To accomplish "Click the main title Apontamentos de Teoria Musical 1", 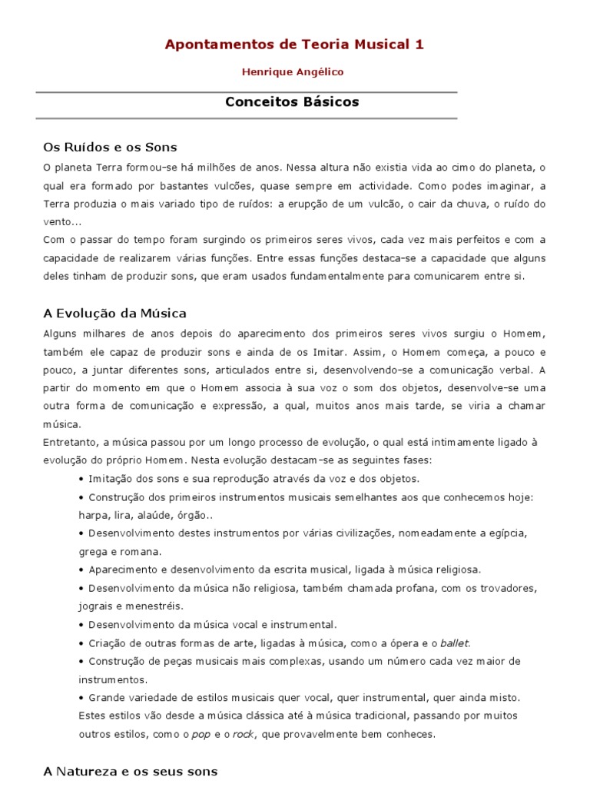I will [x=294, y=45].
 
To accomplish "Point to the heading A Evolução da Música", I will [x=114, y=314].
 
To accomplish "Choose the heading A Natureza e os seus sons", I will [x=131, y=771].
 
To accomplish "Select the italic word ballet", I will [x=453, y=643].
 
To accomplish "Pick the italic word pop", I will [x=201, y=734].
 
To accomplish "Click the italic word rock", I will [x=243, y=734].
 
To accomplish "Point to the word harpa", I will [x=92, y=515].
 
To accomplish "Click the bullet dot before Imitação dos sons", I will [x=81, y=479].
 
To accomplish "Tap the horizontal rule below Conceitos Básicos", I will [x=246, y=119].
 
